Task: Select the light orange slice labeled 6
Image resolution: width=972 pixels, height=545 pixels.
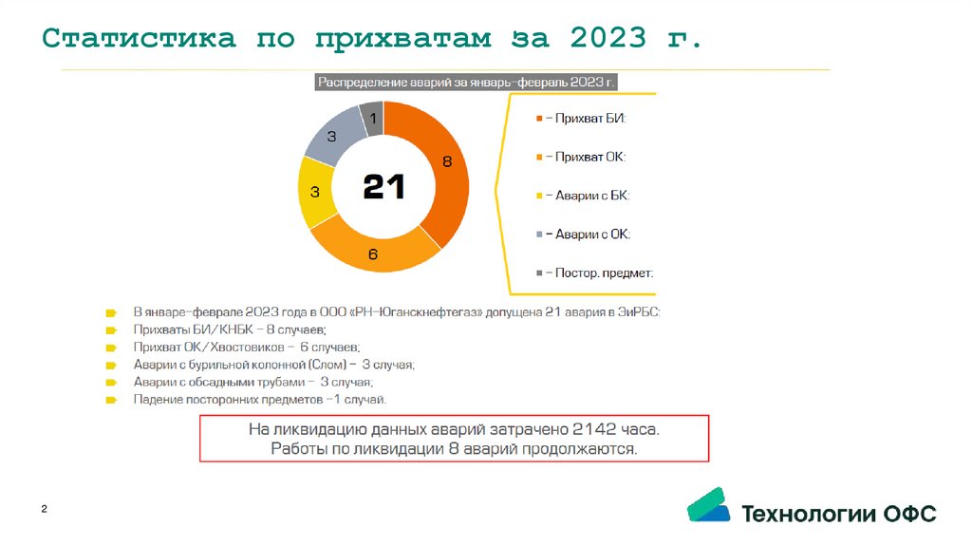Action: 372,254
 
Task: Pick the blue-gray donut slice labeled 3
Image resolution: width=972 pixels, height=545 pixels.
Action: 331,137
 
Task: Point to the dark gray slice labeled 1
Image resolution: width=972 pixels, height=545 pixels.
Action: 373,119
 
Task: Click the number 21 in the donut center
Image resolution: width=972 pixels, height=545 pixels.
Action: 384,187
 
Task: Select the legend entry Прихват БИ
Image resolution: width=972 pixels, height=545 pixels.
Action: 581,119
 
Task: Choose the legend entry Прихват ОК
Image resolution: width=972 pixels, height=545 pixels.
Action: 581,157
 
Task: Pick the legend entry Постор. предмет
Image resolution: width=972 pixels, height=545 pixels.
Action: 594,272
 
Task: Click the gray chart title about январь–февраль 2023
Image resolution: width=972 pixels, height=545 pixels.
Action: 467,83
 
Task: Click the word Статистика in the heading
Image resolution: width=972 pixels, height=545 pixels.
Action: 140,40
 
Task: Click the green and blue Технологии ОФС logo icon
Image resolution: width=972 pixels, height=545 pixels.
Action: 708,506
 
